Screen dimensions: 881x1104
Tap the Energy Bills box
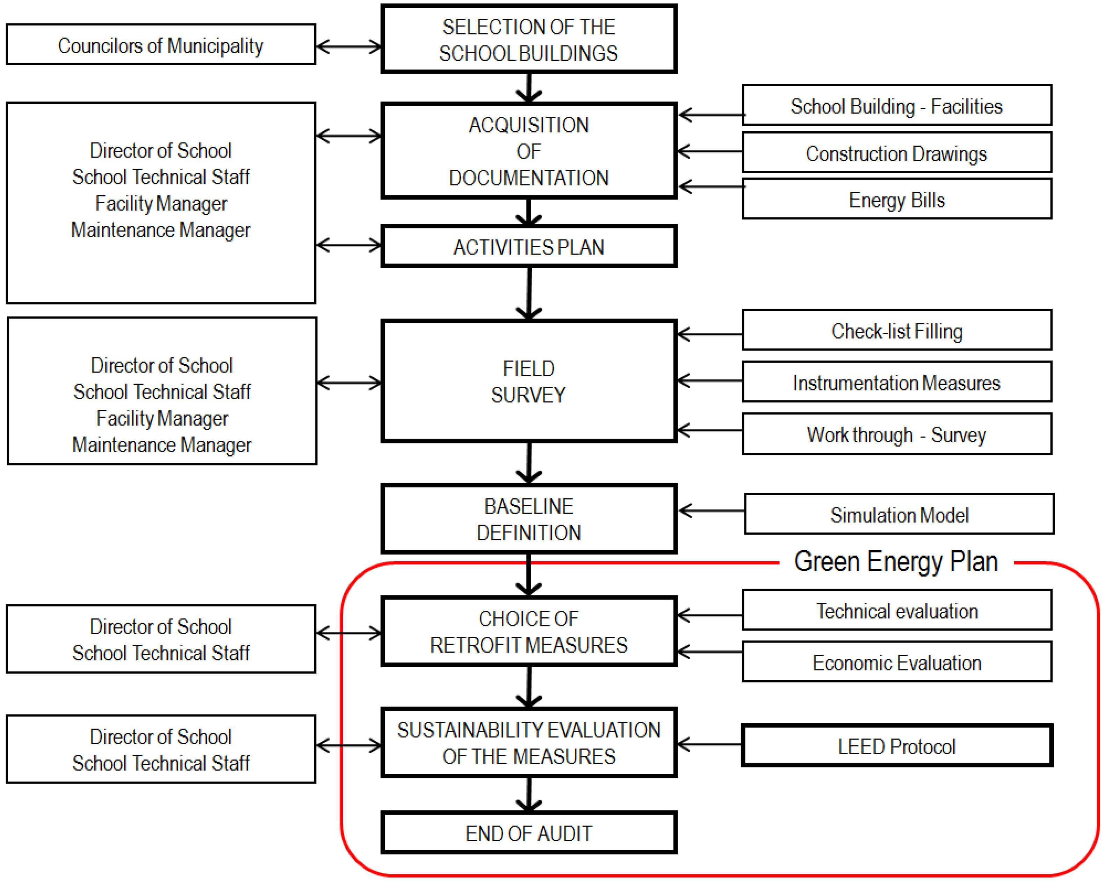click(x=897, y=199)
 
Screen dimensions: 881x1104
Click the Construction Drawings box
click(x=897, y=153)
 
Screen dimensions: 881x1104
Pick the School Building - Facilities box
click(x=897, y=105)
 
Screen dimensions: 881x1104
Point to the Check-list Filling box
click(x=897, y=330)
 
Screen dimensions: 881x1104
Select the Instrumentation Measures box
click(x=897, y=382)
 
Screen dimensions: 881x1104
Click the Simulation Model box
click(x=899, y=514)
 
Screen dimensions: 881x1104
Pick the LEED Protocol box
click(x=897, y=746)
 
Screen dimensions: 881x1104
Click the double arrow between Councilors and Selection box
click(x=349, y=46)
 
